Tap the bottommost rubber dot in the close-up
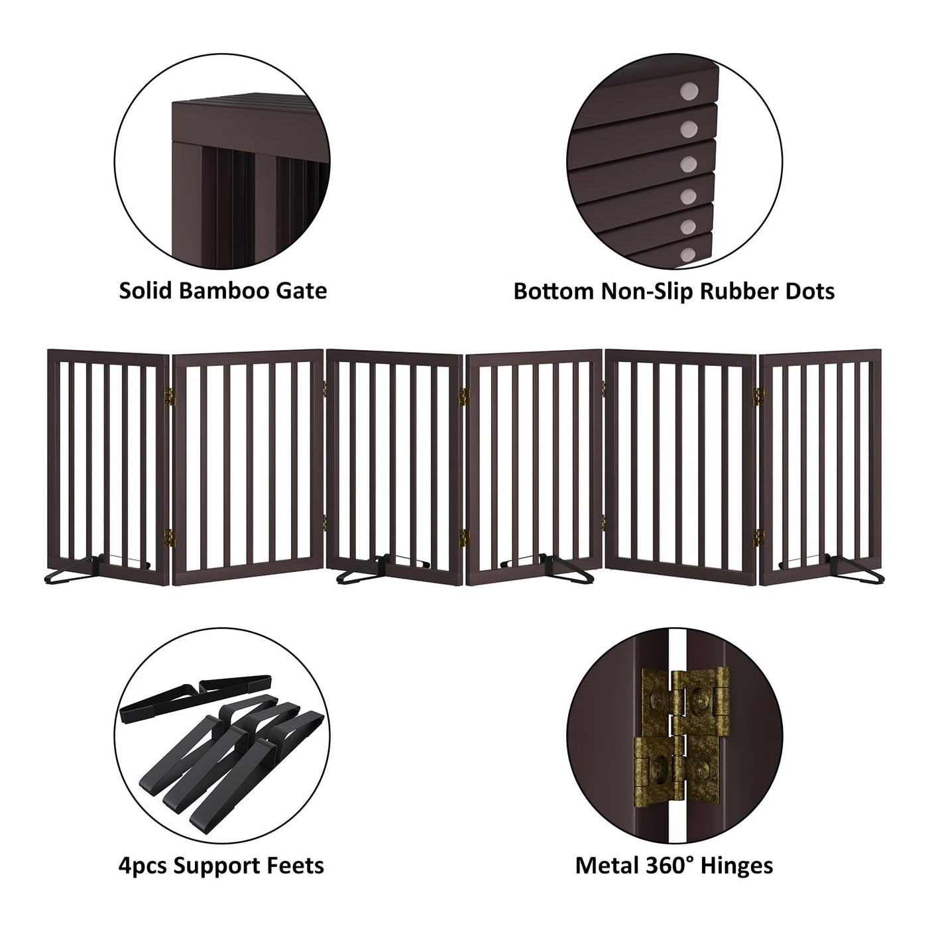(687, 255)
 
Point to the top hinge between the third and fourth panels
(464, 396)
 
